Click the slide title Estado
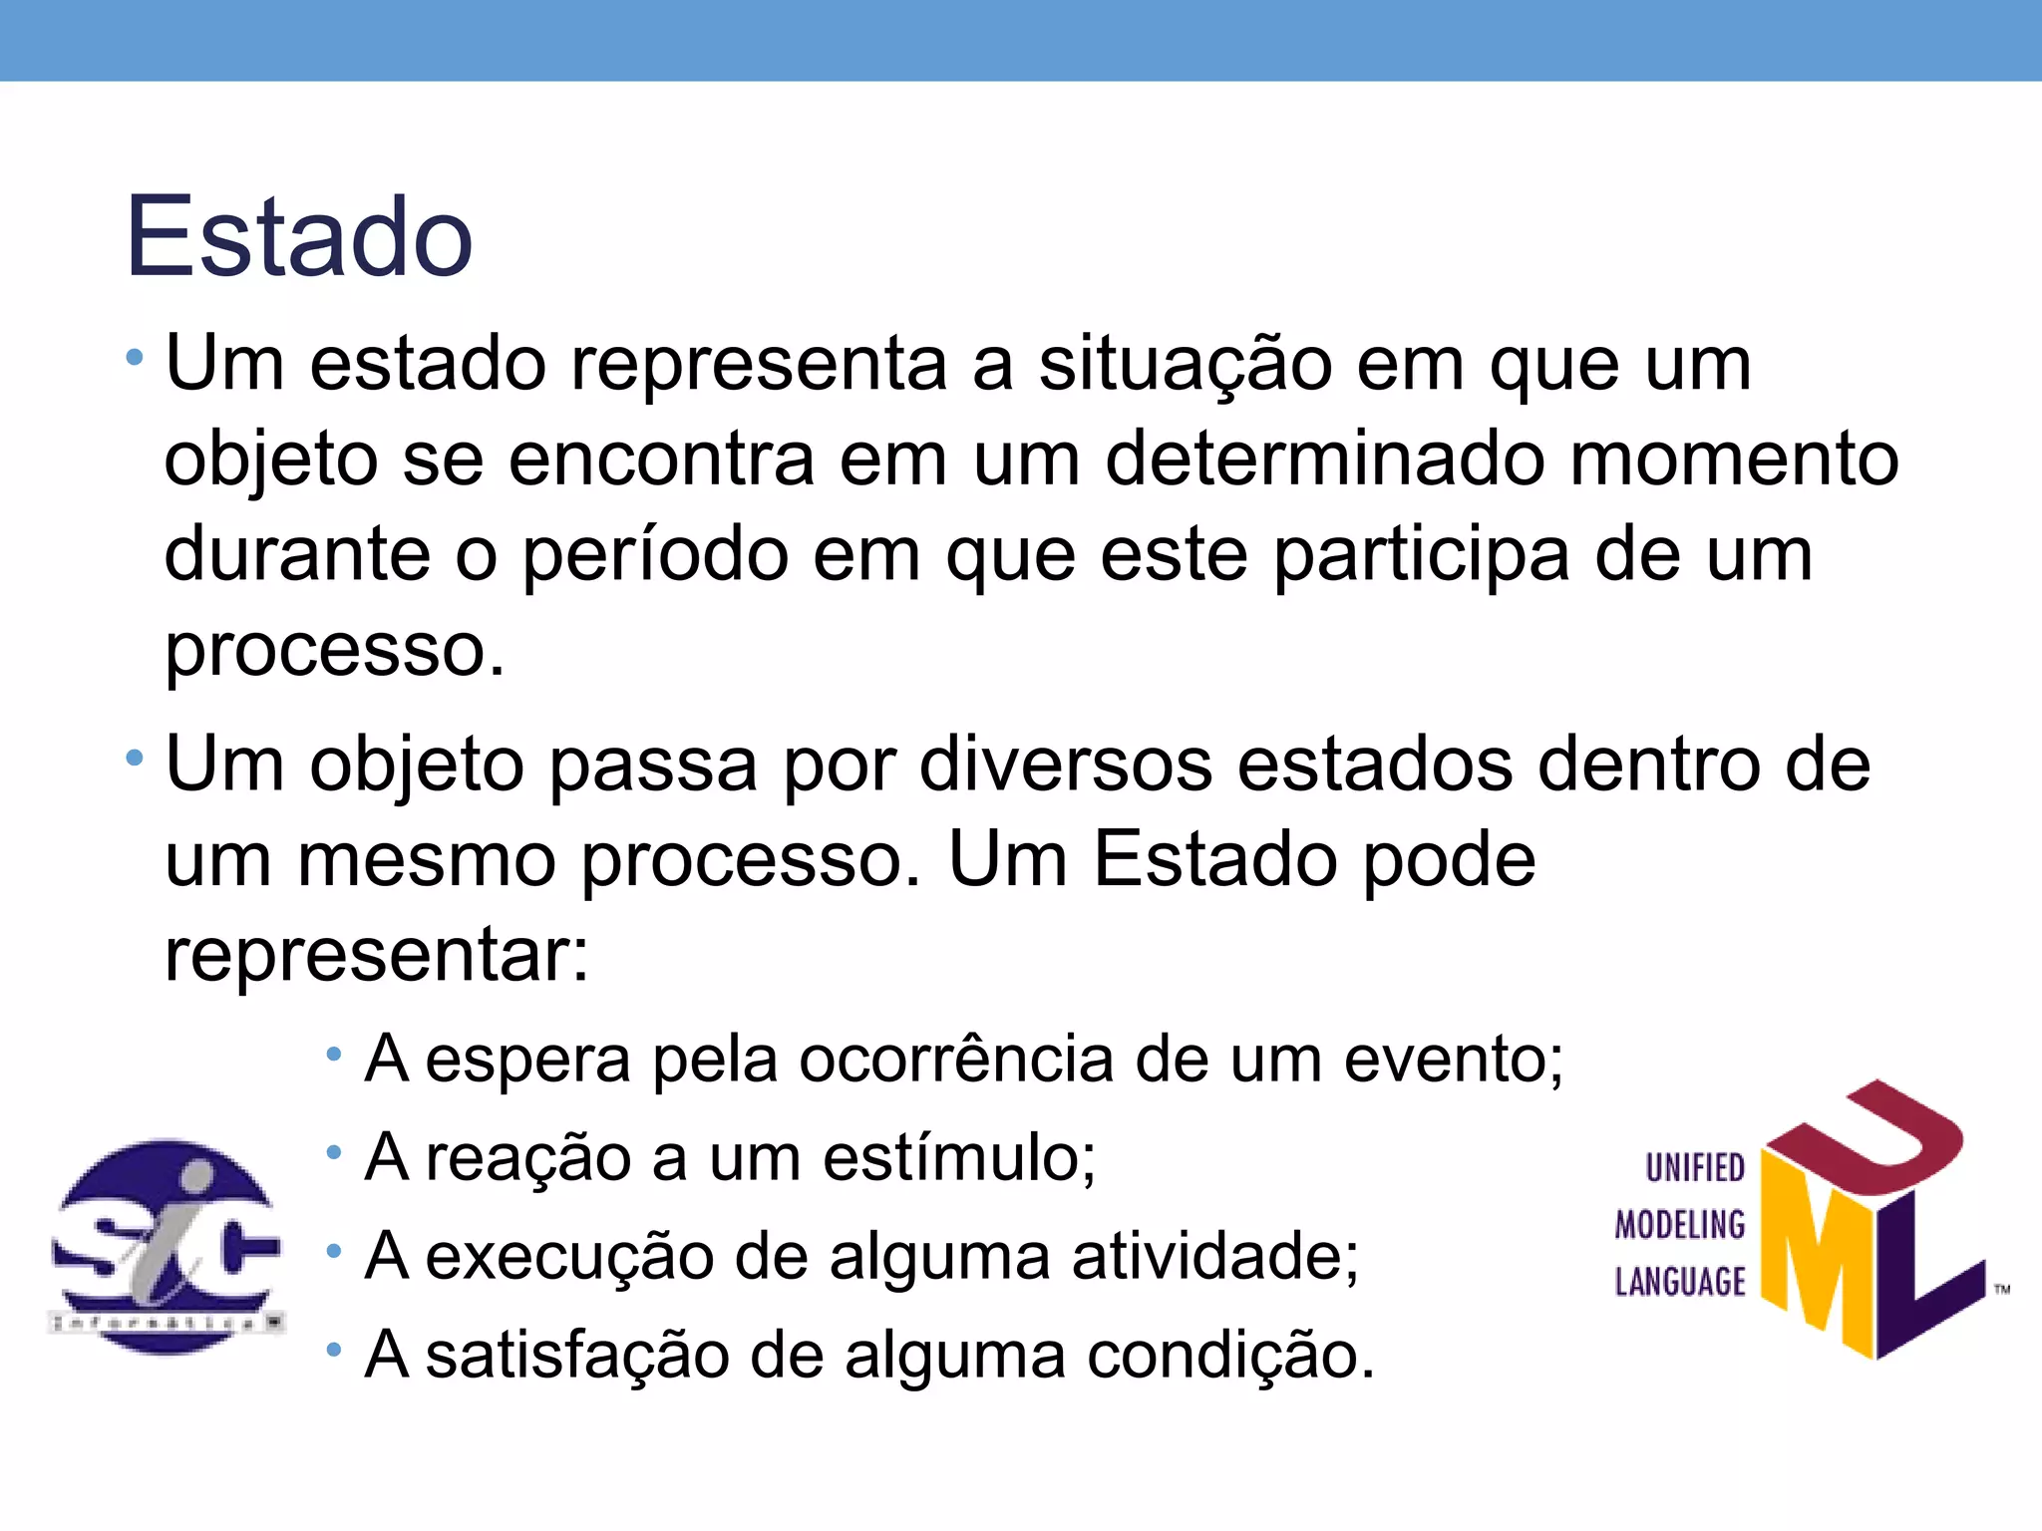pyautogui.click(x=299, y=237)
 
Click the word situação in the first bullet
pyautogui.click(x=1185, y=365)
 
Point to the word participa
pyautogui.click(x=1421, y=555)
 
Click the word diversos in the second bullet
pyautogui.click(x=1065, y=765)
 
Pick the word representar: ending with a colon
pyautogui.click(x=377, y=955)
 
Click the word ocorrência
pyautogui.click(x=955, y=1060)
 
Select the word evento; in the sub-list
pyautogui.click(x=1454, y=1060)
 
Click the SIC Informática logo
pyautogui.click(x=167, y=1246)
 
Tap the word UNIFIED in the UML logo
pyautogui.click(x=1695, y=1168)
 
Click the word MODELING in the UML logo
pyautogui.click(x=1680, y=1225)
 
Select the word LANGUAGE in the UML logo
pyautogui.click(x=1680, y=1282)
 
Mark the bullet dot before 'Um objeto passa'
pyautogui.click(x=135, y=761)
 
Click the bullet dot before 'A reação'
pyautogui.click(x=334, y=1153)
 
